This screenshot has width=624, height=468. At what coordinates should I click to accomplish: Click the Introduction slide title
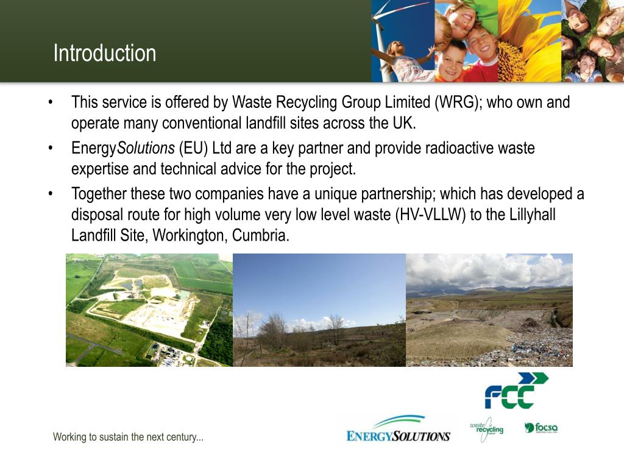pos(104,53)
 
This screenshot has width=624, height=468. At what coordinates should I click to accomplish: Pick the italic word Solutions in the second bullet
pos(146,149)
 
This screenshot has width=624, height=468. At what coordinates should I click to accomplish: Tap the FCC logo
pos(516,391)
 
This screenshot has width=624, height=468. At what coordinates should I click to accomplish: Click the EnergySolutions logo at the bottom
pos(398,429)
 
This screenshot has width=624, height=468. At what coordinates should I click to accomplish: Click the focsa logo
pos(541,428)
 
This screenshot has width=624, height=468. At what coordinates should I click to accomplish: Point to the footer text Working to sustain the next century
pos(128,437)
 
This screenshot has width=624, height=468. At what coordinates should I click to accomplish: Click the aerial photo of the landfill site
pos(149,310)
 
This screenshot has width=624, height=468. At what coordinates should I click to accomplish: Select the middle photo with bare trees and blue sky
pos(319,310)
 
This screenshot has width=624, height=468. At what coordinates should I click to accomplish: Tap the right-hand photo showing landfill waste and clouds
pos(489,310)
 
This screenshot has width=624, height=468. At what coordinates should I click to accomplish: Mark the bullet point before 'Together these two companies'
pos(52,194)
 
